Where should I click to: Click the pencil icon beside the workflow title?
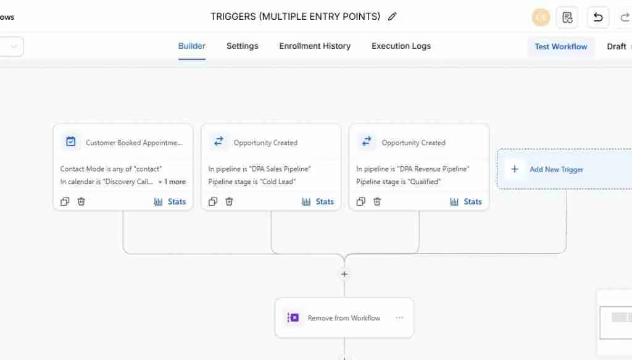pos(393,17)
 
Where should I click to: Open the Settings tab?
pos(242,46)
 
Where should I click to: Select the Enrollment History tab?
pos(315,46)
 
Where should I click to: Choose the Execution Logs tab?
pos(401,46)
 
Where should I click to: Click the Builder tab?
pos(192,46)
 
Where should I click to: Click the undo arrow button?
pos(598,17)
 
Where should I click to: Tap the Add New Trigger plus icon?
pos(515,169)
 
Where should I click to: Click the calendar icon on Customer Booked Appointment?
pos(71,141)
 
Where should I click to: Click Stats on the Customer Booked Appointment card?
pos(170,201)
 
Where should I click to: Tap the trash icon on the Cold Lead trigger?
pos(230,201)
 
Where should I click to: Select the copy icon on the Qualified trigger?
pos(361,201)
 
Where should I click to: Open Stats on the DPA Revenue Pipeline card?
pos(466,201)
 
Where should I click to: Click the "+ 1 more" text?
pos(172,182)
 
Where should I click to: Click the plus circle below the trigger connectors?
pos(344,274)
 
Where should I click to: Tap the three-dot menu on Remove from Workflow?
pos(399,318)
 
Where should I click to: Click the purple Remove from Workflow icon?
pos(293,318)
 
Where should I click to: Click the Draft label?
pos(616,46)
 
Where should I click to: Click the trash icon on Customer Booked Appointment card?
pos(81,201)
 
